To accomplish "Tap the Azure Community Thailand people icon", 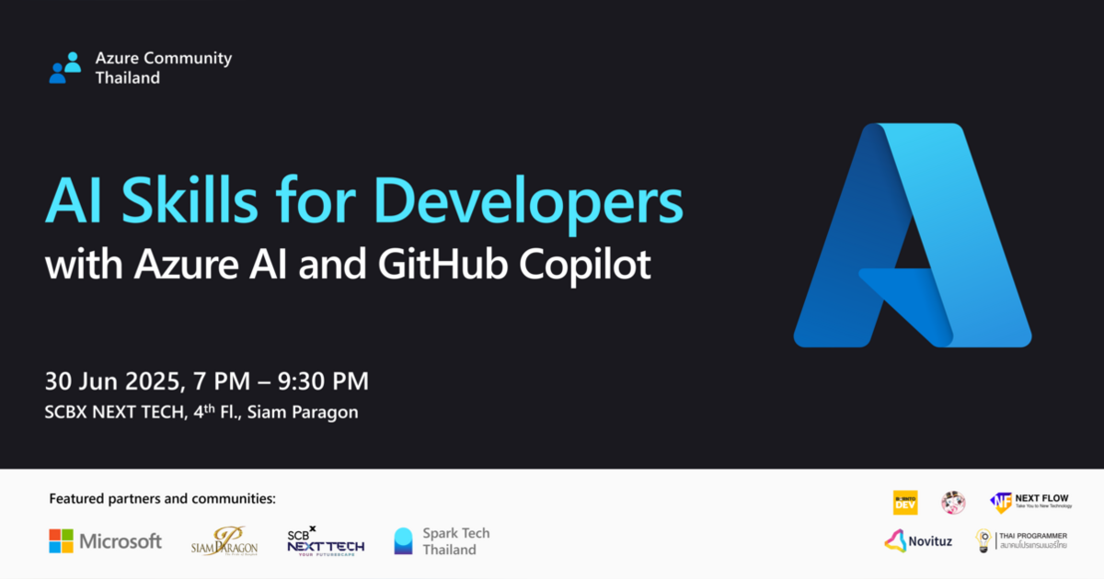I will pyautogui.click(x=65, y=68).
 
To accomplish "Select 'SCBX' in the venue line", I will pyautogui.click(x=65, y=412).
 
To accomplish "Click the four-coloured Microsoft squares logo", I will pyautogui.click(x=61, y=540).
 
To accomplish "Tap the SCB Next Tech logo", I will pyautogui.click(x=325, y=540).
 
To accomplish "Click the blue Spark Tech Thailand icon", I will pyautogui.click(x=403, y=540).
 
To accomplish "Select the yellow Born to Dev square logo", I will pyautogui.click(x=905, y=502).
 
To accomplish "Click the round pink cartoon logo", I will pyautogui.click(x=953, y=502).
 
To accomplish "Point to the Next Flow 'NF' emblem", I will pyautogui.click(x=1000, y=503).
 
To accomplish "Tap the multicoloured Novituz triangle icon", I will pyautogui.click(x=896, y=540).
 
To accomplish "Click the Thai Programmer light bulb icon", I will pyautogui.click(x=983, y=540).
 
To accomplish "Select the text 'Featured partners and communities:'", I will pyautogui.click(x=162, y=499).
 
